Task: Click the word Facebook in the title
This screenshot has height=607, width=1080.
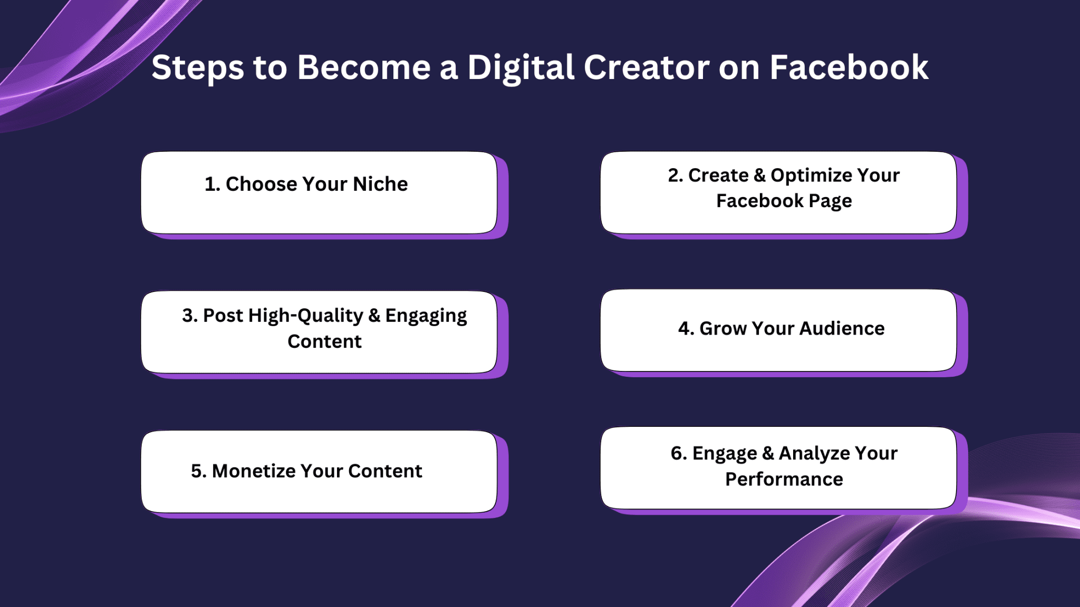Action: coord(848,67)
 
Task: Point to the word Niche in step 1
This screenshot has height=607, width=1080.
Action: coord(380,184)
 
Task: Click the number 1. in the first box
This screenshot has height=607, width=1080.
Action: coord(212,184)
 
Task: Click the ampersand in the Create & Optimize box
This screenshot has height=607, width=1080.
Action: coord(760,175)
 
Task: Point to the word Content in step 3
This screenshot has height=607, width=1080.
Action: coord(325,341)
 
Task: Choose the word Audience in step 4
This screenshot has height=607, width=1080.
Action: coord(842,328)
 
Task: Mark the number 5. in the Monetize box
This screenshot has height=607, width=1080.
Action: coord(199,471)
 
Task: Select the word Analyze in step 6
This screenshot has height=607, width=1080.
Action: coord(814,454)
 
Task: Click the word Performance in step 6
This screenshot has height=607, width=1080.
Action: coord(784,479)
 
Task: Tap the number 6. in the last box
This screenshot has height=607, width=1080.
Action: coord(679,453)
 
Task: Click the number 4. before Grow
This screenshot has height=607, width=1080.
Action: coord(686,328)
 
